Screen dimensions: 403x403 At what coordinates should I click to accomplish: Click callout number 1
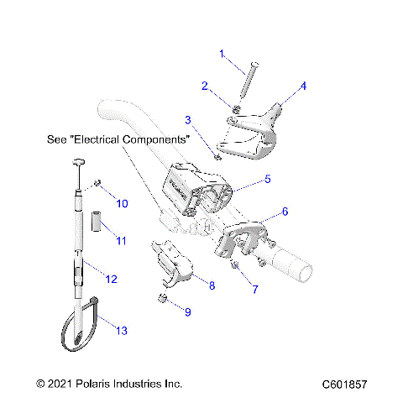(x=222, y=54)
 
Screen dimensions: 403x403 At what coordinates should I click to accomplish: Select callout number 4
(x=303, y=86)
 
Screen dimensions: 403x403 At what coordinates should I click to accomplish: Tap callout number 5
(x=267, y=178)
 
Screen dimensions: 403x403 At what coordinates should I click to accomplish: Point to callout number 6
(x=285, y=212)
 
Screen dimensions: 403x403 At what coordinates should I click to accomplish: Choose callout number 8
(x=212, y=285)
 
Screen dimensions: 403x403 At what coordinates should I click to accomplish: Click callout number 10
(x=122, y=203)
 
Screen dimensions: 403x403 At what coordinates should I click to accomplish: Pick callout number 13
(x=122, y=332)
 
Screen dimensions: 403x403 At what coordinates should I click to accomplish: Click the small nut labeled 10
(x=98, y=184)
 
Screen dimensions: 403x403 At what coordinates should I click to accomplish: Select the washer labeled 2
(x=238, y=110)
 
